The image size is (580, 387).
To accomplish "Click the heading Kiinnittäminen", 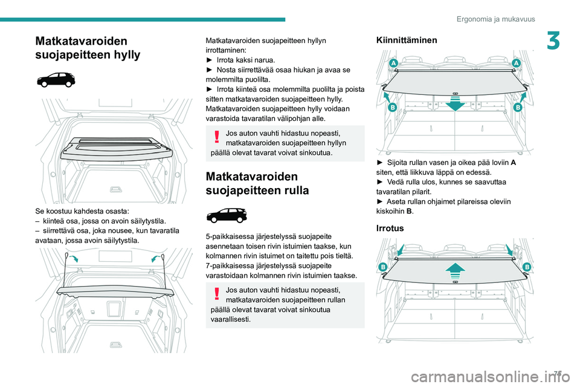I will [407, 40].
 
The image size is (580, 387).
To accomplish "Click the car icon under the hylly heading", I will [55, 80].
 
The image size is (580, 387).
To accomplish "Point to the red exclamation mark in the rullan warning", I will [217, 294].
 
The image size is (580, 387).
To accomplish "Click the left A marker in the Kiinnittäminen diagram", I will [393, 63].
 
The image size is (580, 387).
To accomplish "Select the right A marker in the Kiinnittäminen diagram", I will [517, 63].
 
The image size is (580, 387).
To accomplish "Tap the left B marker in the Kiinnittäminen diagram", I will [392, 107].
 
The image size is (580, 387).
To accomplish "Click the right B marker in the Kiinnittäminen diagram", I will [518, 107].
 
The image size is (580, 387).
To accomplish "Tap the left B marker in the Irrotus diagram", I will [383, 267].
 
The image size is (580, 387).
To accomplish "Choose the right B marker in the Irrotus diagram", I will [526, 267].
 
